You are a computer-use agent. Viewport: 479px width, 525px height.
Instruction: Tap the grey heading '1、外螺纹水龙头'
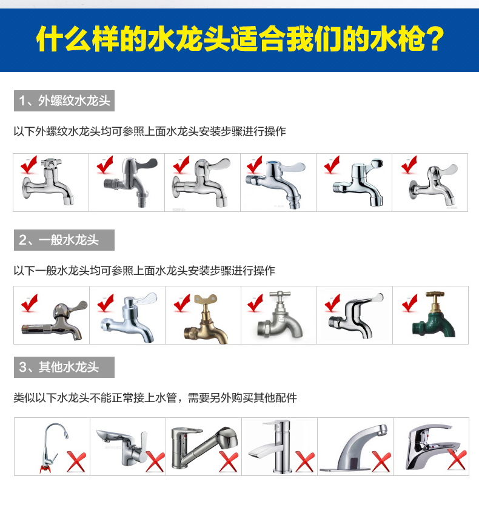64,101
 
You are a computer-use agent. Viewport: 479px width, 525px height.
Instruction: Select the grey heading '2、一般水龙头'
64,240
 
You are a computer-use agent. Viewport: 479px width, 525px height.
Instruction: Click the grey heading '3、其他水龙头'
64,368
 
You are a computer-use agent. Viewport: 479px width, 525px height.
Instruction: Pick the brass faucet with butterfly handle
207,320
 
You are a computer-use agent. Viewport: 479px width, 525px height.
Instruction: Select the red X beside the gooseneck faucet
76,461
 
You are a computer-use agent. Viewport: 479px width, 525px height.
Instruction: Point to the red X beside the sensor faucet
381,461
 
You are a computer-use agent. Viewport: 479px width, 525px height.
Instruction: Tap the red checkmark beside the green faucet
410,303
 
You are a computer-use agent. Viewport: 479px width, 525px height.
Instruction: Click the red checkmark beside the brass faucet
182,303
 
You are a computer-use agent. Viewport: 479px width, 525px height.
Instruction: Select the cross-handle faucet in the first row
48,182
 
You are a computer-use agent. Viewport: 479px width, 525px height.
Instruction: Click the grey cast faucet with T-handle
280,315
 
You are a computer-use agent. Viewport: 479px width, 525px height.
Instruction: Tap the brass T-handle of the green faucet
435,295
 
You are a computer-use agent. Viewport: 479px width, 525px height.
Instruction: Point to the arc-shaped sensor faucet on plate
353,449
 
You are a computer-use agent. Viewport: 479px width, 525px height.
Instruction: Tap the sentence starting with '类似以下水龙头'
155,398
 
